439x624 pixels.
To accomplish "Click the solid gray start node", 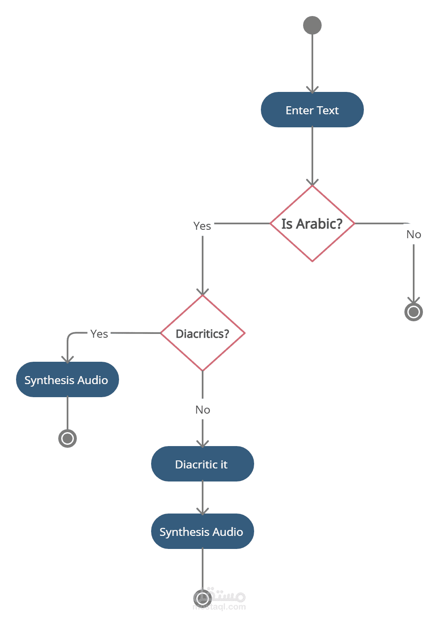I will [x=312, y=25].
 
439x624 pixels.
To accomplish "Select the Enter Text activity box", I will [x=312, y=110].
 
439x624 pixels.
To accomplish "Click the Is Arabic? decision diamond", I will [x=312, y=223].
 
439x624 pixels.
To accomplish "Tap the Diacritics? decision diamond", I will [x=203, y=333].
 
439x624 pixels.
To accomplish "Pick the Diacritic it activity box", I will [x=203, y=464].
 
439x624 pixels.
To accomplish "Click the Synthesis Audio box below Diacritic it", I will [x=203, y=531].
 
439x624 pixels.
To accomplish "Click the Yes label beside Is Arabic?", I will [x=202, y=226].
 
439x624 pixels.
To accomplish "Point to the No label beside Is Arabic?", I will [x=414, y=234].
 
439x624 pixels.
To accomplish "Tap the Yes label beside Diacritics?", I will [x=99, y=334].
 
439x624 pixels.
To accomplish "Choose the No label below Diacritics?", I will [x=203, y=410].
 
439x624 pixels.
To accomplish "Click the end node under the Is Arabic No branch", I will [x=414, y=312].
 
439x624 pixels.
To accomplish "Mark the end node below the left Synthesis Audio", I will [x=68, y=438].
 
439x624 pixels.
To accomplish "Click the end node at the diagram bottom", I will [x=203, y=598].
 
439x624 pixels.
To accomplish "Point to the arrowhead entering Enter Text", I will [x=312, y=90].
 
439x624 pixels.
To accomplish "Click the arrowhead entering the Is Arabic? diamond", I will [x=312, y=183].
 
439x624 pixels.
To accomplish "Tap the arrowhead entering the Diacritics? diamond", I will [x=203, y=292].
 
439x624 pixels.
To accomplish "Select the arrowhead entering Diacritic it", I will [x=203, y=444].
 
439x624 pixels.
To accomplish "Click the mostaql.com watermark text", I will [x=219, y=607].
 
